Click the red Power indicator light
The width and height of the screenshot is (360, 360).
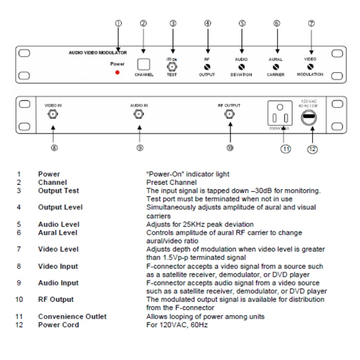click(117, 72)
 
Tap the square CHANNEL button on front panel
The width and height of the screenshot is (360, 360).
click(144, 64)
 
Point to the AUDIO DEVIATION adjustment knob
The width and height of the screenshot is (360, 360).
click(242, 67)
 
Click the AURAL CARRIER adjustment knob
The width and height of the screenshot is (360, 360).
click(276, 67)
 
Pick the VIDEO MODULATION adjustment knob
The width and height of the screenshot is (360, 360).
click(310, 67)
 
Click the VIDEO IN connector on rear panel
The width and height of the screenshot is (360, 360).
click(53, 114)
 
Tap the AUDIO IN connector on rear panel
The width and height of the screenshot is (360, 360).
click(139, 114)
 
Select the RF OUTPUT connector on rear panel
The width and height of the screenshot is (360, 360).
click(229, 114)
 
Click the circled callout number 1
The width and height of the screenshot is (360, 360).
click(119, 23)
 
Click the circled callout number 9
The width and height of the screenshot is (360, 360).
click(140, 147)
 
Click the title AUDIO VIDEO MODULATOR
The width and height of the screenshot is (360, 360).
click(98, 53)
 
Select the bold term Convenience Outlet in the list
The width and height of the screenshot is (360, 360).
click(72, 316)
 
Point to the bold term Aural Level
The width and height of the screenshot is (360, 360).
click(58, 232)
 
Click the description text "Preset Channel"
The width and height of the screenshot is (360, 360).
click(171, 182)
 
